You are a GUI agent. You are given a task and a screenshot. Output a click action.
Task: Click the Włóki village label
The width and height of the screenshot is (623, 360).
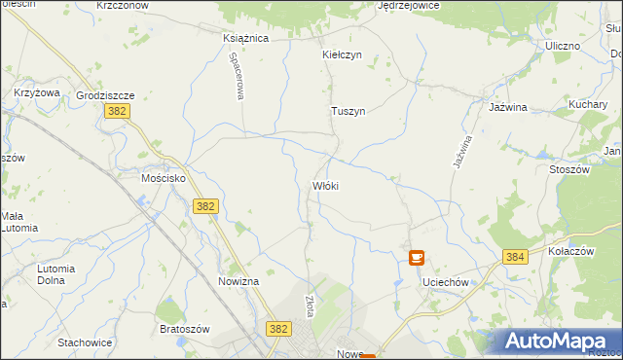click(325, 185)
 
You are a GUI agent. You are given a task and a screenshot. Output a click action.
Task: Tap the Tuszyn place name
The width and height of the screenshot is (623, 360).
click(348, 111)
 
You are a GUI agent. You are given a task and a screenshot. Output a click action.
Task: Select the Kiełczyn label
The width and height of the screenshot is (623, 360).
click(342, 54)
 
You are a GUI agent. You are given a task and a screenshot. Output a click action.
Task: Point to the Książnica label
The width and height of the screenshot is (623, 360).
click(245, 38)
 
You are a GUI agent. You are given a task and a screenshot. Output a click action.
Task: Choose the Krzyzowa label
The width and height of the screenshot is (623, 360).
click(37, 92)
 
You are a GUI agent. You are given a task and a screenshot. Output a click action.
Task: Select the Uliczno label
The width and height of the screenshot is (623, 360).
click(563, 46)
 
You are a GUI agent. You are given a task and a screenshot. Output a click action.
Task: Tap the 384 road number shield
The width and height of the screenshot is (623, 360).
click(515, 257)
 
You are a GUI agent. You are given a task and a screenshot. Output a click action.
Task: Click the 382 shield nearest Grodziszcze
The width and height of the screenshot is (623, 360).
click(114, 113)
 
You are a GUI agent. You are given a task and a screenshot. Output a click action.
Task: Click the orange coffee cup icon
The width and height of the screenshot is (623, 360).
click(416, 259)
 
